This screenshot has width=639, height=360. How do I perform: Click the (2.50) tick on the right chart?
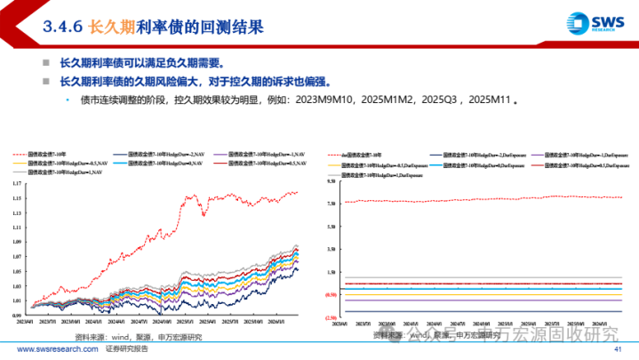point(331,316)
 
